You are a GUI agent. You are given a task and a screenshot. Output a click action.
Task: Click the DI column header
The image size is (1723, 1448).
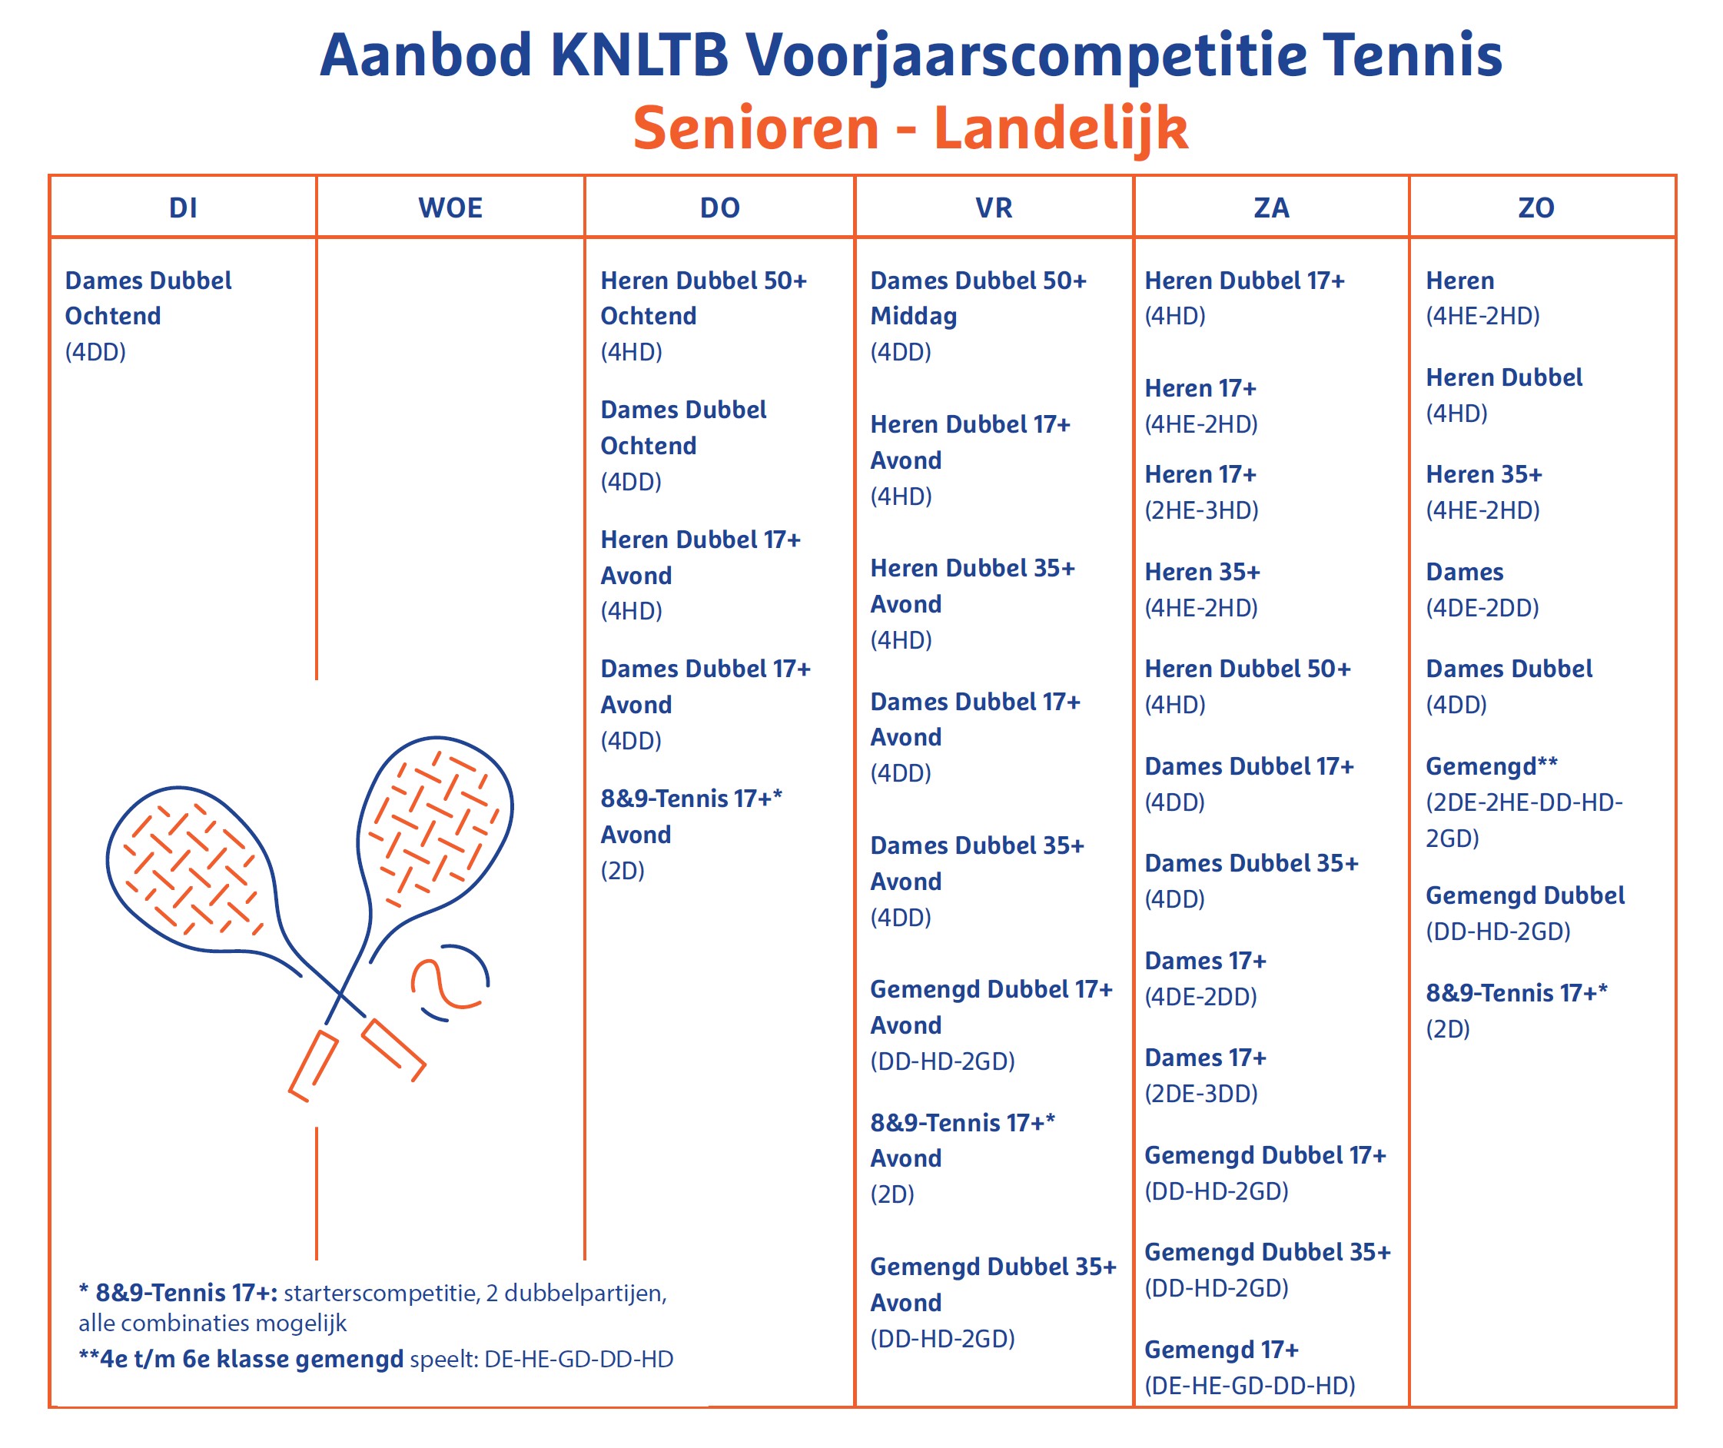pyautogui.click(x=183, y=208)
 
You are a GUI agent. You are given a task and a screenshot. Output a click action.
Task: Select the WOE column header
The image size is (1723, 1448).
pyautogui.click(x=450, y=208)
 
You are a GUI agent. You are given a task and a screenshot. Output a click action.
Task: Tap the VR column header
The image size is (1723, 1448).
pyautogui.click(x=993, y=208)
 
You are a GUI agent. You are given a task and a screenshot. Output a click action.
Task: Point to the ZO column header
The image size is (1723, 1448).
pyautogui.click(x=1535, y=208)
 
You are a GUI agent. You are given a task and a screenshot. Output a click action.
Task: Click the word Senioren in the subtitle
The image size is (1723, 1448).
pyautogui.click(x=755, y=128)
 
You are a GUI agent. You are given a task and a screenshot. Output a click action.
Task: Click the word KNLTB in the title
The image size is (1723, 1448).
pyautogui.click(x=639, y=55)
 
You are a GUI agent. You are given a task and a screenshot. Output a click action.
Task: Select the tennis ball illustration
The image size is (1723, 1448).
pyautogui.click(x=449, y=981)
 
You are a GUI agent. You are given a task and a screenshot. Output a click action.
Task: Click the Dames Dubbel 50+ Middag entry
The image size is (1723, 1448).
pyautogui.click(x=978, y=298)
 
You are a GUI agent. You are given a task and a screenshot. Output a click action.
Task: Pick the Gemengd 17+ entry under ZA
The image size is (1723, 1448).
pyautogui.click(x=1221, y=1350)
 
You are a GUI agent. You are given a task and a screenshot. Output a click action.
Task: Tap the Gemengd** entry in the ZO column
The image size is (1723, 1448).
pyautogui.click(x=1491, y=766)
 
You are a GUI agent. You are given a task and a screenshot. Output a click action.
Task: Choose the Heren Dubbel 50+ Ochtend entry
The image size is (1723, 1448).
pyautogui.click(x=703, y=298)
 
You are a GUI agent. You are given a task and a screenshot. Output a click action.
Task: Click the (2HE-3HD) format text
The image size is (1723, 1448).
pyautogui.click(x=1201, y=510)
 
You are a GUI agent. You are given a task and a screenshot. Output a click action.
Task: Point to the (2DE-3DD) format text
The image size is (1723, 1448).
pyautogui.click(x=1201, y=1094)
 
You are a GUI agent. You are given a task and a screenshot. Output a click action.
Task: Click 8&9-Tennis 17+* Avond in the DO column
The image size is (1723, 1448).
pyautogui.click(x=690, y=816)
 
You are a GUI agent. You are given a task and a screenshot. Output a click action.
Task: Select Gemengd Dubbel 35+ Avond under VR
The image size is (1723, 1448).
pyautogui.click(x=992, y=1284)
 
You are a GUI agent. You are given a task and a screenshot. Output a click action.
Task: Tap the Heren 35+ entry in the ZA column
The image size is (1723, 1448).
pyautogui.click(x=1202, y=572)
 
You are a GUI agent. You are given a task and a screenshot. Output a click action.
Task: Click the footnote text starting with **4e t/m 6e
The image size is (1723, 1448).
pyautogui.click(x=375, y=1360)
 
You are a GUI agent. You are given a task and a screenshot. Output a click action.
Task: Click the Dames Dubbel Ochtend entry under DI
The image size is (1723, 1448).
pyautogui.click(x=148, y=298)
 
